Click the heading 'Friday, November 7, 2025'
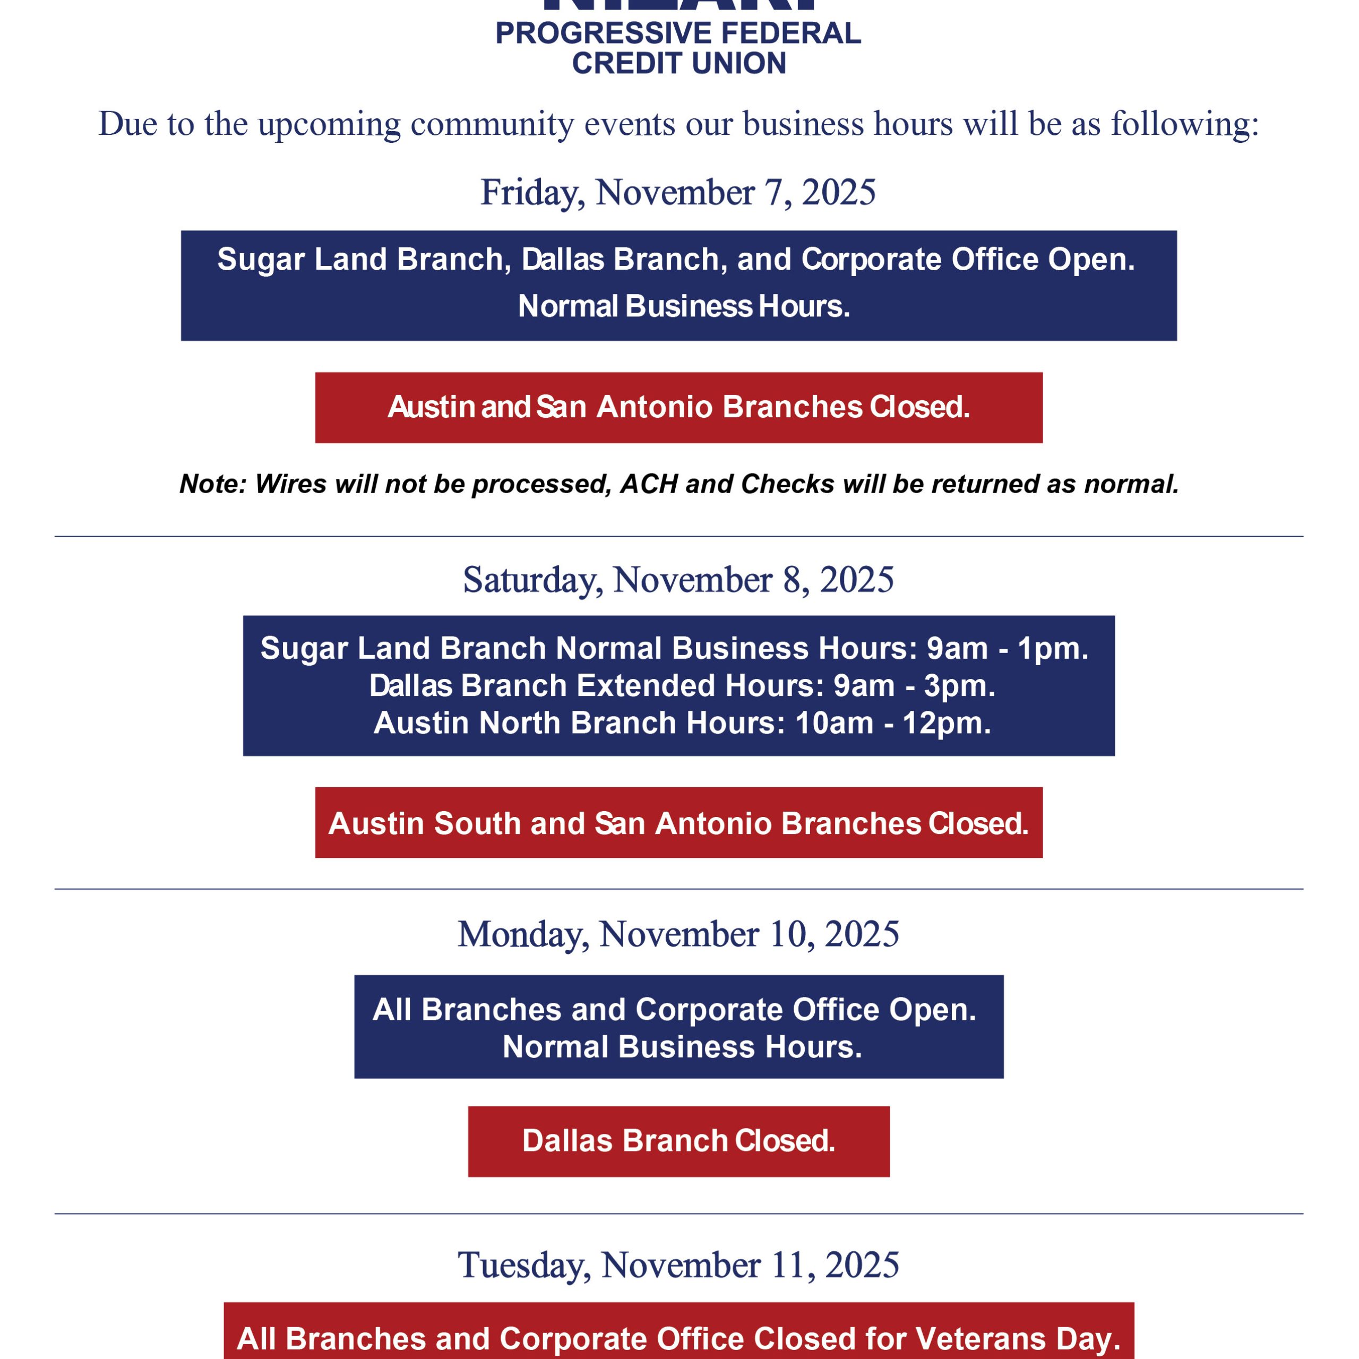pyautogui.click(x=678, y=192)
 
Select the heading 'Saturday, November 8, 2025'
pyautogui.click(x=678, y=580)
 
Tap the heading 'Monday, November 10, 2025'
pyautogui.click(x=678, y=934)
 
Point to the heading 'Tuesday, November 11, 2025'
pyautogui.click(x=678, y=1265)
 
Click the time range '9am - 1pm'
pyautogui.click(x=1006, y=648)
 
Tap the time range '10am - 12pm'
pyautogui.click(x=892, y=722)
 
